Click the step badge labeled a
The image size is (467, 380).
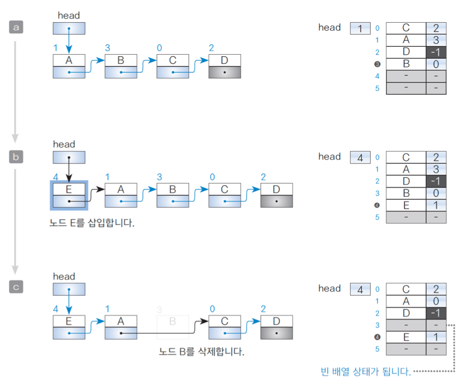coord(16,28)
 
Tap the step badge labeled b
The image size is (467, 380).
coord(16,157)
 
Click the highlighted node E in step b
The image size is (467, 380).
coord(69,195)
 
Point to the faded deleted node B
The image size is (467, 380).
coord(173,327)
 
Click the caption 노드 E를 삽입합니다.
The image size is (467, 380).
coord(92,223)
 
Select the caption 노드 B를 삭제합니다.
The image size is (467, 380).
coord(202,352)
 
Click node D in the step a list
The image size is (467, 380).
coord(225,66)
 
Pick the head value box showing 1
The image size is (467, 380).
coord(360,29)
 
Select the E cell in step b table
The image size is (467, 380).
coord(406,205)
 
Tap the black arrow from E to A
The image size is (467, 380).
coord(96,191)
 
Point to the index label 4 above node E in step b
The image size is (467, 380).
coord(55,177)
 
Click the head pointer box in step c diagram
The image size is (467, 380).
coord(69,289)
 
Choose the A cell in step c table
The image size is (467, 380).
coord(406,301)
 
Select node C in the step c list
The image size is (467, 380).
coord(225,327)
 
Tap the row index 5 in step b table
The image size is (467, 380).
coord(378,217)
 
